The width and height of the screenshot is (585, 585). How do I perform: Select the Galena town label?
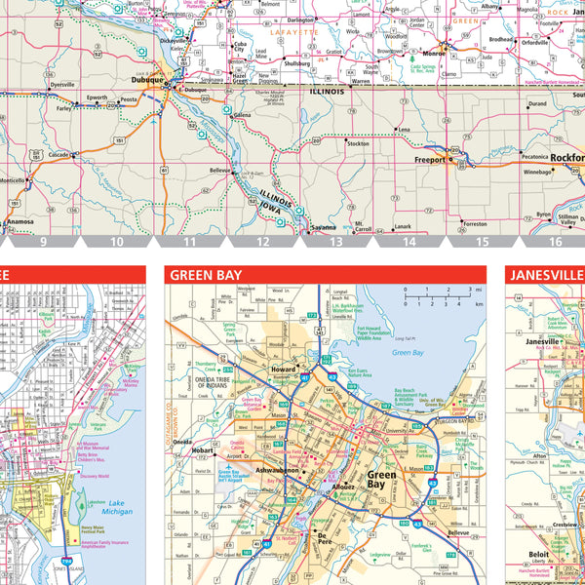click(241, 114)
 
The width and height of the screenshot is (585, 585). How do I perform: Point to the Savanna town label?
click(323, 227)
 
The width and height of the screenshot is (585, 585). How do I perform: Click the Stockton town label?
click(358, 143)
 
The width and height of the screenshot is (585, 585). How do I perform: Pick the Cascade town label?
click(58, 154)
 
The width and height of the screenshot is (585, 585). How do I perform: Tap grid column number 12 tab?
click(262, 241)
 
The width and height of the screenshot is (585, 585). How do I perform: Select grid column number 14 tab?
click(409, 241)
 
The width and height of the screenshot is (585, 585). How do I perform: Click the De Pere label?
click(325, 535)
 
